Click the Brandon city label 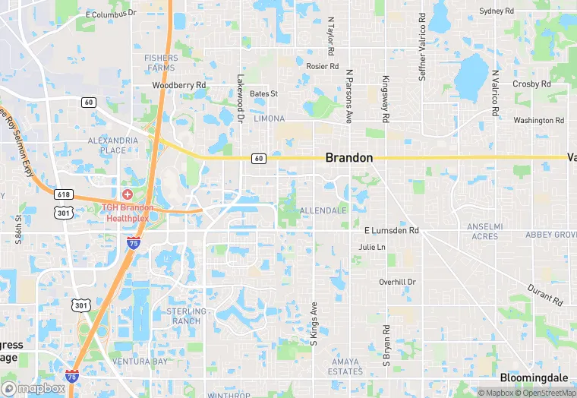pos(349,158)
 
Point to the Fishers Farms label pos(160,63)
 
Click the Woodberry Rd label pos(179,86)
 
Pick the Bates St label pos(264,94)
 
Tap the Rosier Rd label pos(322,66)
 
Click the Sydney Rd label pos(497,11)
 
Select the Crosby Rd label pos(531,84)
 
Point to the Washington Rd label pos(539,121)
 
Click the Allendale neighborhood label pos(323,210)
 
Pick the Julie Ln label pos(372,248)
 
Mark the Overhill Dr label pos(398,282)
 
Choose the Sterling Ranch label pos(186,316)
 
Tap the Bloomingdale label pos(534,377)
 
